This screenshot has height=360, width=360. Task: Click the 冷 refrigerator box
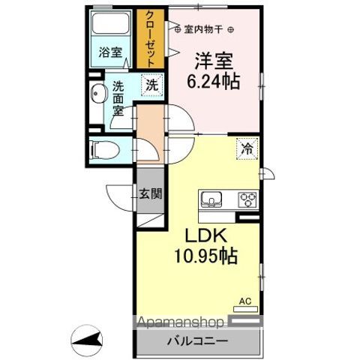(x=247, y=148)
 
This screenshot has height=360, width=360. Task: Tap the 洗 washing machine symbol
(x=152, y=86)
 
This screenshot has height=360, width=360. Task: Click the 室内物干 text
(x=204, y=31)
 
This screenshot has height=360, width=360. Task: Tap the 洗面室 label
(x=119, y=96)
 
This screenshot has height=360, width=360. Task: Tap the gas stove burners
(x=247, y=200)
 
